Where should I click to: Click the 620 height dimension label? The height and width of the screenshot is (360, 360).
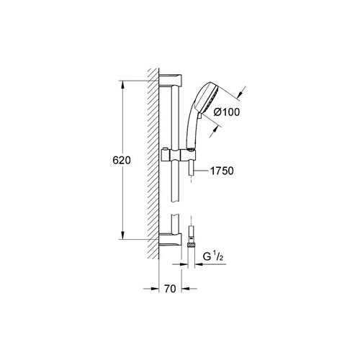coord(122,161)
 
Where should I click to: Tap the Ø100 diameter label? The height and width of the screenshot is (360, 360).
coord(227,112)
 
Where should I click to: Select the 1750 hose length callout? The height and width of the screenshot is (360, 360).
coord(222,171)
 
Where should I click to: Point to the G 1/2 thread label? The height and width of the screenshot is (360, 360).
coord(213,257)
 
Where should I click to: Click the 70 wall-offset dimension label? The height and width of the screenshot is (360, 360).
coord(170,289)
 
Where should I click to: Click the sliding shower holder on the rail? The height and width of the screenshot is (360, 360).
coord(179,155)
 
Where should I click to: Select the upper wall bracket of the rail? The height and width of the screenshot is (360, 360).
coord(170,81)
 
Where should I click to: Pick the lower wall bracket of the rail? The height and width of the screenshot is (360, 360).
coord(170,239)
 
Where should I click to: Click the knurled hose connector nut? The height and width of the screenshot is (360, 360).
coord(191,245)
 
